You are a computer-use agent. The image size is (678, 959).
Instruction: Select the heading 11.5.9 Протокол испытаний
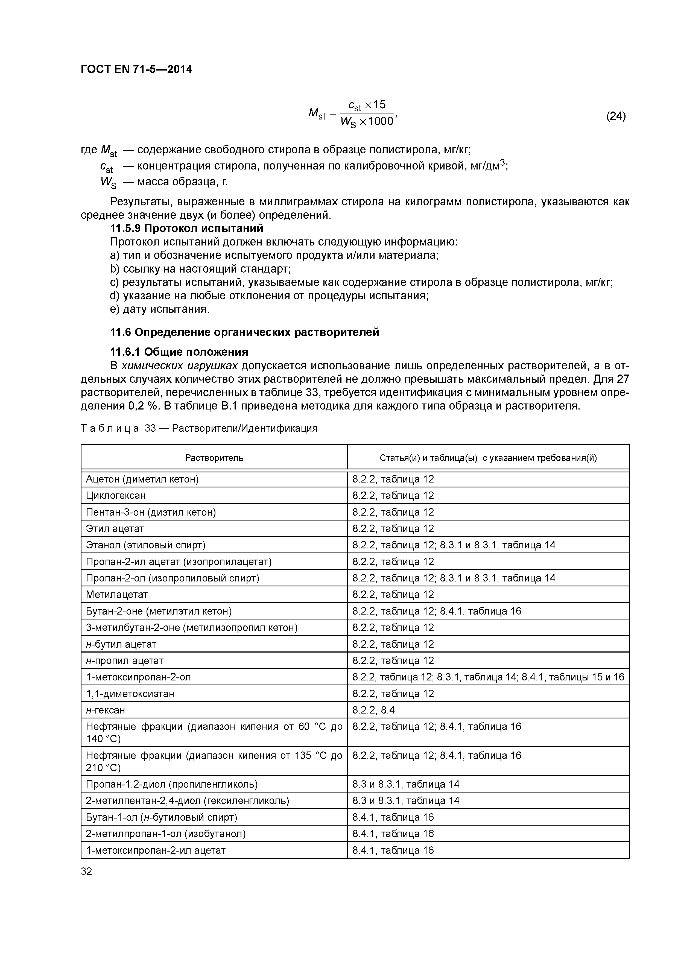tap(186, 229)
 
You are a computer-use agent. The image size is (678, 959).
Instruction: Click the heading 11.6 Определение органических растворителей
tap(244, 332)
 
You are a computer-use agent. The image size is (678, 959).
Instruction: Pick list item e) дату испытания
tap(159, 309)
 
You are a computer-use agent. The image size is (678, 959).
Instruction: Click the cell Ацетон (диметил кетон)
tap(142, 479)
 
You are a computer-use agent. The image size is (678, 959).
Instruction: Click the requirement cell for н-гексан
tap(373, 710)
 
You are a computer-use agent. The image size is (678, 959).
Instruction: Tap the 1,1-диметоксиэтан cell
tap(130, 693)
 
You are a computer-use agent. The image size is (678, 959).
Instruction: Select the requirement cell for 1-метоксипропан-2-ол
tap(488, 677)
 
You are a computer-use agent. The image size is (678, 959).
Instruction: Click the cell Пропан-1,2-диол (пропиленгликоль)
tap(172, 784)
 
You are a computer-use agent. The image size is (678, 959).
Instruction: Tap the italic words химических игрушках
tap(179, 366)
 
